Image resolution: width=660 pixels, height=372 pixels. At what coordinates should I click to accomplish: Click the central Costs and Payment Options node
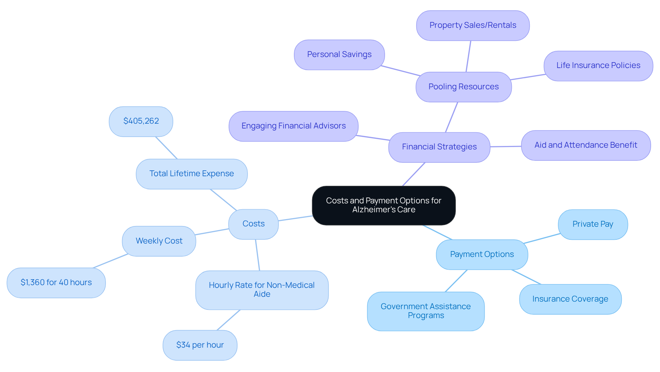(x=384, y=205)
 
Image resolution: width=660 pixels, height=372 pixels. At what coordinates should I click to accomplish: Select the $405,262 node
(x=141, y=121)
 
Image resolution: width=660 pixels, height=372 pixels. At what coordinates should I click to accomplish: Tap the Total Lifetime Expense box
(x=191, y=174)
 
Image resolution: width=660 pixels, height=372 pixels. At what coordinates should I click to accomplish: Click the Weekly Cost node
(x=159, y=241)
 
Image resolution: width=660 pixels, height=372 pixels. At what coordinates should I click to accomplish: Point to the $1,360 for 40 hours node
(x=56, y=283)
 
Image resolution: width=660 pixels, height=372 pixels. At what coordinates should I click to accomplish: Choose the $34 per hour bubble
(x=200, y=345)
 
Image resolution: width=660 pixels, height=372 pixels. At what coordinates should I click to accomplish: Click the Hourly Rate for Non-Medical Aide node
(x=262, y=290)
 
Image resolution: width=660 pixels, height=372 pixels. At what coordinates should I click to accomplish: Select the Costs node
(x=253, y=224)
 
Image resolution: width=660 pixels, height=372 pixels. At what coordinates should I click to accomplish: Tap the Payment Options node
(x=482, y=255)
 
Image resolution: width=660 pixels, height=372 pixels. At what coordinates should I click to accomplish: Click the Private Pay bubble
(x=593, y=224)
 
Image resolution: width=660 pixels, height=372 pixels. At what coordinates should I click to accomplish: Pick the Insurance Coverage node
(x=570, y=299)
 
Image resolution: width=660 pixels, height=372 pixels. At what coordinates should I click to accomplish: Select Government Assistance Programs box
(x=426, y=311)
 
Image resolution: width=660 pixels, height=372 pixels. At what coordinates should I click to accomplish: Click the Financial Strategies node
(x=439, y=147)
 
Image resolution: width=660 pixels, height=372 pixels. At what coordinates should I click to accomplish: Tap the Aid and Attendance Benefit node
(x=585, y=145)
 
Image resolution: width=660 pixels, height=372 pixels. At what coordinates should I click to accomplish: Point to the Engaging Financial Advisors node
(x=293, y=126)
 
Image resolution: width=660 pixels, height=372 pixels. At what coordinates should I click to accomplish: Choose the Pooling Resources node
(x=463, y=87)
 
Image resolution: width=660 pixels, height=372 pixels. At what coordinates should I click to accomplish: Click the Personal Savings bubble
(x=339, y=55)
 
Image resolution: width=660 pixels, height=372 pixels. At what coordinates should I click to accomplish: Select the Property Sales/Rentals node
(x=473, y=25)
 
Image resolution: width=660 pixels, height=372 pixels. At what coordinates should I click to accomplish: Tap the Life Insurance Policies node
(x=598, y=66)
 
